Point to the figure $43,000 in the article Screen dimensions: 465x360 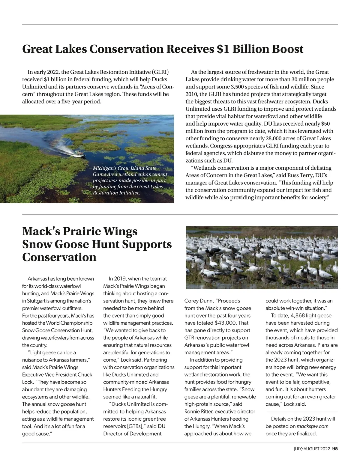226,323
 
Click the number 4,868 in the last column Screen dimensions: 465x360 300,316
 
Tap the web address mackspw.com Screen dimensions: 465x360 313,426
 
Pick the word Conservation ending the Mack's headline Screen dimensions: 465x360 59,257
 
